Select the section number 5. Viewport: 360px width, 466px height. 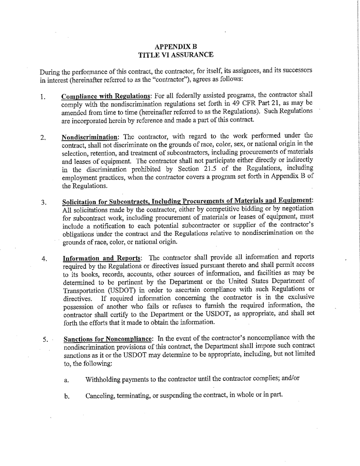pyautogui.click(x=45, y=339)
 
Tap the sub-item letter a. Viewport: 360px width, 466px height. pyautogui.click(x=66, y=380)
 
